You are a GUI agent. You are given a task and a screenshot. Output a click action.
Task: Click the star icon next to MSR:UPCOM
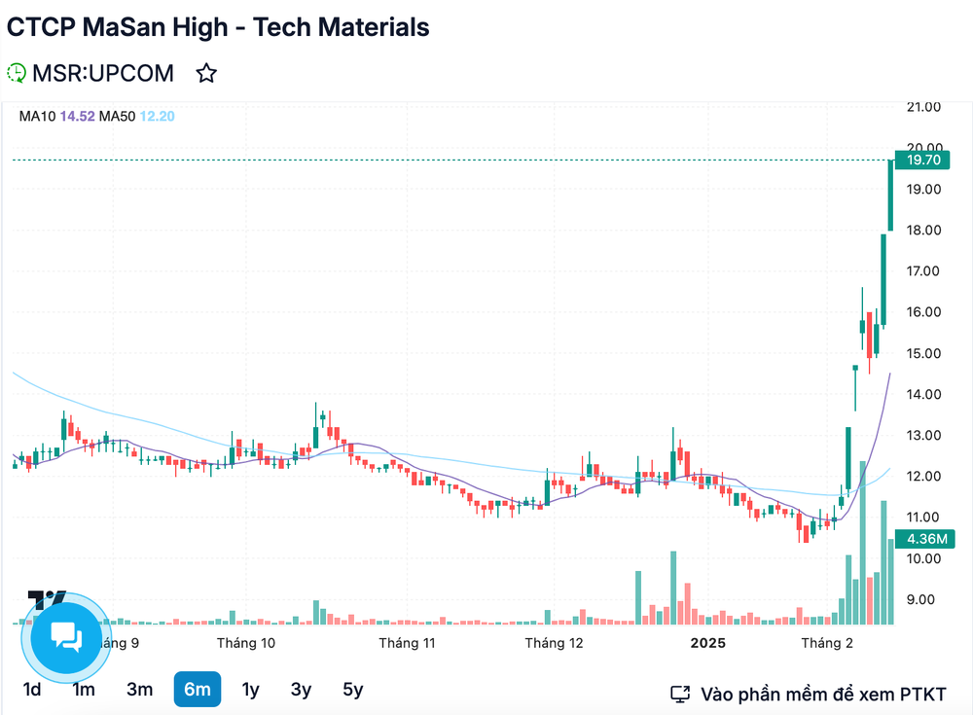click(x=206, y=73)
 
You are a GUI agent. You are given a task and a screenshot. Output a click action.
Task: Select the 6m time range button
click(x=198, y=690)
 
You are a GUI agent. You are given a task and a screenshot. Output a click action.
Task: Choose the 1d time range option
click(x=32, y=690)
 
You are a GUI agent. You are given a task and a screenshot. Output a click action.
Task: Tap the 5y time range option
click(x=352, y=690)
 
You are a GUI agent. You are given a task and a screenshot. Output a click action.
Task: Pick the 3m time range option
click(x=139, y=690)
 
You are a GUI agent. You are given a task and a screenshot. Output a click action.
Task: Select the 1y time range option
click(x=250, y=690)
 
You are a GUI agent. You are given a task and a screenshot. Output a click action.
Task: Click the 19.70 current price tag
click(x=920, y=161)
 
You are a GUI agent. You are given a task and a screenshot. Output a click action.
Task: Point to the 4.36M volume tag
click(x=920, y=538)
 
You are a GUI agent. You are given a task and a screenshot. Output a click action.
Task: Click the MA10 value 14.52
click(x=77, y=117)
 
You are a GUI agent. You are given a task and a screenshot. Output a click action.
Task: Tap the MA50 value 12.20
click(x=157, y=117)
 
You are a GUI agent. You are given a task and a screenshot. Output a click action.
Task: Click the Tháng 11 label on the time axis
click(x=406, y=643)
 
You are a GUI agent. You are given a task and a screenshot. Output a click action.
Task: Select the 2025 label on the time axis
click(x=707, y=643)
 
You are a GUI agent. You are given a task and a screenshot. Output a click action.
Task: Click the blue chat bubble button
click(x=66, y=637)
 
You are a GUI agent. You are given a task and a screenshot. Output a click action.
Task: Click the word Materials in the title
click(x=369, y=27)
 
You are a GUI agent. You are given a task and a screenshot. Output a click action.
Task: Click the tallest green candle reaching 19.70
click(x=890, y=195)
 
